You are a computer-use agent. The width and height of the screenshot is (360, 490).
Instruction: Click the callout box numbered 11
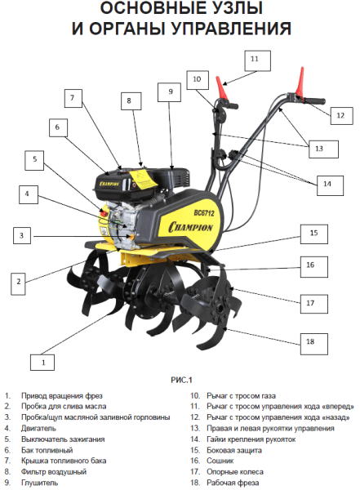click(257, 61)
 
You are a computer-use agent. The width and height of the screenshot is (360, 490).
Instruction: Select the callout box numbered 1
click(42, 362)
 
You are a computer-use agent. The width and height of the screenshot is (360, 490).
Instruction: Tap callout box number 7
click(73, 98)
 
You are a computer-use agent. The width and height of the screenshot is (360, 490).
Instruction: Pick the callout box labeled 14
click(330, 185)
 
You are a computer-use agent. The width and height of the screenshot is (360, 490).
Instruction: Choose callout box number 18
click(314, 344)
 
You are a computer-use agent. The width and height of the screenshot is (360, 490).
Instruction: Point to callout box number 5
click(34, 161)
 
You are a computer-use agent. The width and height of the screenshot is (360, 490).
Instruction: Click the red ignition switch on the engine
click(104, 213)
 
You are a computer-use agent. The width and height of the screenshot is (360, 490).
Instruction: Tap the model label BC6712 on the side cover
click(204, 213)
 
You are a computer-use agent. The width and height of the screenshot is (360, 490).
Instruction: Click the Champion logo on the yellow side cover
click(190, 227)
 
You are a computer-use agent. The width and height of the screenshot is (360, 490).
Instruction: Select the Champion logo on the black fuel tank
click(109, 183)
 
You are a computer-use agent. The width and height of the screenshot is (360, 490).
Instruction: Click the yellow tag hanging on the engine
click(144, 179)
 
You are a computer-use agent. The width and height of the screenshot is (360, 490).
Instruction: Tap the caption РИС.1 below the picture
click(181, 380)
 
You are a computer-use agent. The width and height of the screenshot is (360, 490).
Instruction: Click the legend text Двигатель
click(38, 428)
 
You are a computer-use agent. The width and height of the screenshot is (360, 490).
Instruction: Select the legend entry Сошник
click(220, 461)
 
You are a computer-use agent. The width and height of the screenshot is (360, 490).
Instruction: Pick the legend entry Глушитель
click(39, 483)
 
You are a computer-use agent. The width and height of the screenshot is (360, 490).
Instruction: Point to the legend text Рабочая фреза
click(233, 483)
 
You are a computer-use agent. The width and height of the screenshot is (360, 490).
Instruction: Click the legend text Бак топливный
click(47, 450)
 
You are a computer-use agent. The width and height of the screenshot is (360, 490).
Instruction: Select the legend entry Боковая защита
click(234, 450)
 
